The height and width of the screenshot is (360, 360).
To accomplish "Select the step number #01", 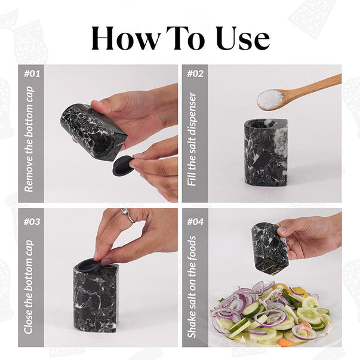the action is pyautogui.click(x=32, y=74).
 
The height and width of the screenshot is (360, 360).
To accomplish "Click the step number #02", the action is pyautogui.click(x=195, y=74).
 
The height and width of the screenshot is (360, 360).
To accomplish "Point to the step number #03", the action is pyautogui.click(x=32, y=221).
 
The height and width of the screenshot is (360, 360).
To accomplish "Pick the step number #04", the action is pyautogui.click(x=195, y=221).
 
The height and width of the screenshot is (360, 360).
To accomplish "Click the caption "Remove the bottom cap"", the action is pyautogui.click(x=29, y=139).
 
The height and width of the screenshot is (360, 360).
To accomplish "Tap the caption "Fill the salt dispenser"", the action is pyautogui.click(x=192, y=139).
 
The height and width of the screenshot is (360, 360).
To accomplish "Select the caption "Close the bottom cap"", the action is pyautogui.click(x=29, y=287).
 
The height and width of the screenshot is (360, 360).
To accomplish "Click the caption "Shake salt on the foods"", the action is pyautogui.click(x=192, y=287).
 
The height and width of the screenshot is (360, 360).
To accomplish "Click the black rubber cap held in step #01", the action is pyautogui.click(x=123, y=166).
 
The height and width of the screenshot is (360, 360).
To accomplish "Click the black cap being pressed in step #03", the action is pyautogui.click(x=89, y=266).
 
